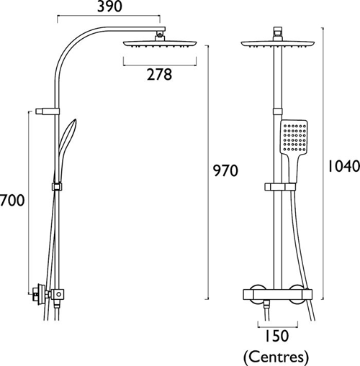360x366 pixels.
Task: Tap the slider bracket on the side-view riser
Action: click(56, 187)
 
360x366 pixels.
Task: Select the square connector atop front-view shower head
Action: click(276, 33)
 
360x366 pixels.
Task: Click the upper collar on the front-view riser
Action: click(276, 111)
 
